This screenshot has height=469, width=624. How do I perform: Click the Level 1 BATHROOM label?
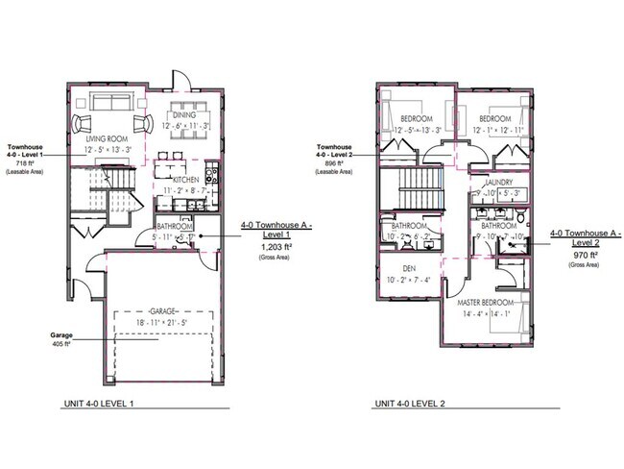(x=176, y=227)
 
